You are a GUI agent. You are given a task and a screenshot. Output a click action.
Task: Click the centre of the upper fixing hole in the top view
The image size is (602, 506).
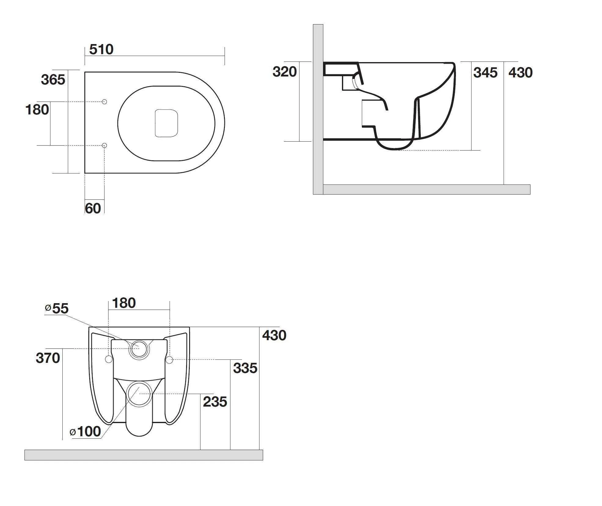point(104,102)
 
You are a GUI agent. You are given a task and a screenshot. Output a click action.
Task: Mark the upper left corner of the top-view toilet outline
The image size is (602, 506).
point(85,72)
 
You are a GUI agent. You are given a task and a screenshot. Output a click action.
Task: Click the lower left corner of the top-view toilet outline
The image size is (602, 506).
point(85,173)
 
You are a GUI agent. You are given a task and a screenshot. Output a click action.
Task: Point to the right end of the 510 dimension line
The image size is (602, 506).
point(225,56)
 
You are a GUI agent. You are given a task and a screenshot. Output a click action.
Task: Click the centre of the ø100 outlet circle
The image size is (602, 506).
point(139,394)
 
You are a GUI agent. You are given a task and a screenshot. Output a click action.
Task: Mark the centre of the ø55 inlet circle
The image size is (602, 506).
point(139,348)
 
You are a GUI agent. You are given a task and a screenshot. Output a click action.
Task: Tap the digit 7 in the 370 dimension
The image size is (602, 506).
point(48,358)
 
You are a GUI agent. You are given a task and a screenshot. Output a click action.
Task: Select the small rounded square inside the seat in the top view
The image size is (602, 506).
point(167,123)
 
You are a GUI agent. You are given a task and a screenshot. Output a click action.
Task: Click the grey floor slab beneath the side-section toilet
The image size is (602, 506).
point(427,189)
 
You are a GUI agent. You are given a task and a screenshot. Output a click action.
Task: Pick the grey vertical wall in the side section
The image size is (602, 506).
point(318,109)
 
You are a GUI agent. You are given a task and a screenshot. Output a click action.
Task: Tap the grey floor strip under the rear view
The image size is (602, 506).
point(144,455)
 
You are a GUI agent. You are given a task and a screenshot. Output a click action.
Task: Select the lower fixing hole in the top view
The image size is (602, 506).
point(104,145)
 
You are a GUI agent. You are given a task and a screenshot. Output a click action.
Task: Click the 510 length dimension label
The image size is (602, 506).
point(101,49)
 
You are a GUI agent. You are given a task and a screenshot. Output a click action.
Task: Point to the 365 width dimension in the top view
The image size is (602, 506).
point(53,80)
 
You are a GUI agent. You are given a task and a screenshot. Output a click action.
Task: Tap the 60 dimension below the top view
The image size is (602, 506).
point(93,208)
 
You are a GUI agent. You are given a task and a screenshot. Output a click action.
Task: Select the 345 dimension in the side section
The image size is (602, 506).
point(485,73)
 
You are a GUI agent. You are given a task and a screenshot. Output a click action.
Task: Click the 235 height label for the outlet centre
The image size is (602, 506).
point(215,402)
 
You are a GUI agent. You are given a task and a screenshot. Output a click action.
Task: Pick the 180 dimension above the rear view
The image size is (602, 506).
point(124,303)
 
